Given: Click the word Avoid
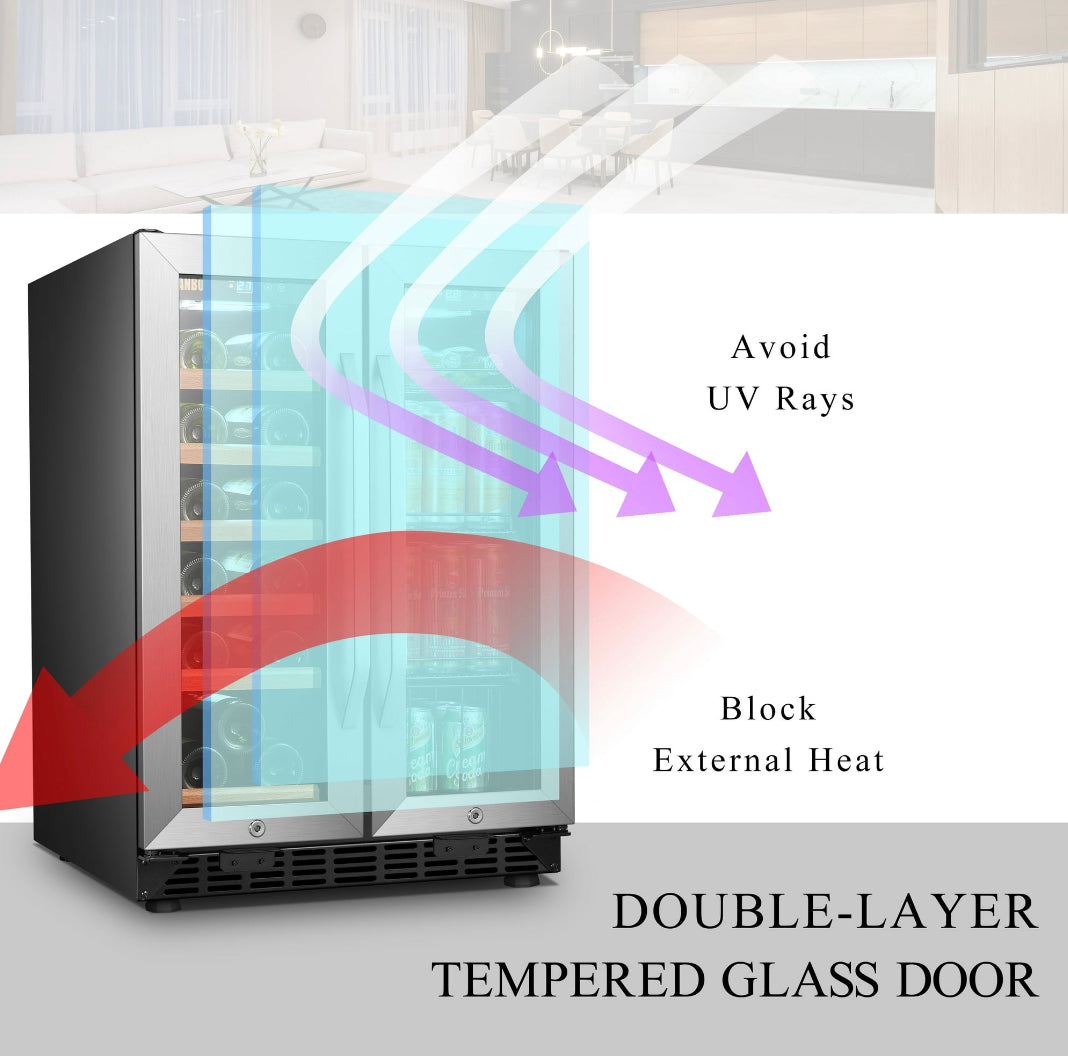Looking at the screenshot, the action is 781,347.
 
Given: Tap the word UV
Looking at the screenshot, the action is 733,399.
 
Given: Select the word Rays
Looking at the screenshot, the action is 815,399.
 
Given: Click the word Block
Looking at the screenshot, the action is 768,708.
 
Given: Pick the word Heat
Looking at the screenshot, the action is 847,760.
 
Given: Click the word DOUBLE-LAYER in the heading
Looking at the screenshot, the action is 825,911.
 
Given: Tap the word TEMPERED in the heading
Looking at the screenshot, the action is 567,980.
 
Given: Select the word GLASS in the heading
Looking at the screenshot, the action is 800,980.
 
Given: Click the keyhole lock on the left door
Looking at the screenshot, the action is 257,828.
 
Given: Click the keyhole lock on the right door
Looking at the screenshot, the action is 475,815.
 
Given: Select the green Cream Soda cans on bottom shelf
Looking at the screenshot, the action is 447,748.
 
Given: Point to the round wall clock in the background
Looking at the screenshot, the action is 313,26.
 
